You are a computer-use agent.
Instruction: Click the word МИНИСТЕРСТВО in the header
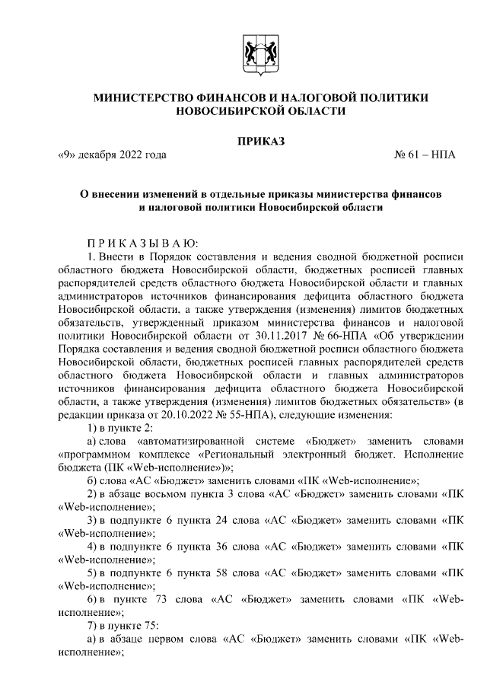[143, 97]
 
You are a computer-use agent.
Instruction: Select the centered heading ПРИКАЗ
[259, 140]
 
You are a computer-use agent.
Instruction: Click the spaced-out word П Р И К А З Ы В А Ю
[142, 243]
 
